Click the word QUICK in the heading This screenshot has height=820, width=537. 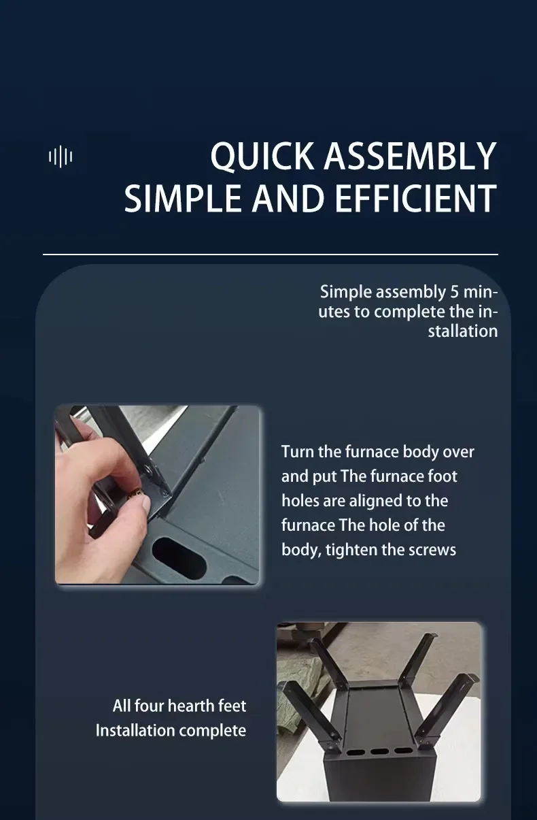click(x=262, y=157)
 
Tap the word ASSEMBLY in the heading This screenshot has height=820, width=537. click(x=410, y=156)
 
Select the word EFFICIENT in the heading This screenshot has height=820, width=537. click(x=415, y=198)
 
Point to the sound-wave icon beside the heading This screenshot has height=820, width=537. click(x=60, y=157)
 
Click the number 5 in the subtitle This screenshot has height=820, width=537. click(x=454, y=292)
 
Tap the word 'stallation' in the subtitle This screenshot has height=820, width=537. click(x=463, y=331)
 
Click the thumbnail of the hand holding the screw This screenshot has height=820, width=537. click(x=157, y=495)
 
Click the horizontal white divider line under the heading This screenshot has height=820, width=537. click(x=271, y=254)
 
